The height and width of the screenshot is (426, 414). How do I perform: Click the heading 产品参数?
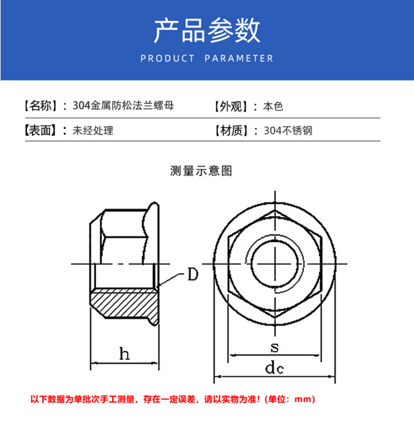(207, 30)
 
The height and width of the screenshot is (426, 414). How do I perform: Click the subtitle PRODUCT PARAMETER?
(207, 58)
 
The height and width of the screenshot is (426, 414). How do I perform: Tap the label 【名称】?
(41, 106)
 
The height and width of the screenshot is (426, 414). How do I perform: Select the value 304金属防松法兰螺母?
(123, 106)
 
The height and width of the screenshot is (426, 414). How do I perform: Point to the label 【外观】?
(231, 106)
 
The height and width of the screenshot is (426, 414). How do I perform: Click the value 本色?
(273, 106)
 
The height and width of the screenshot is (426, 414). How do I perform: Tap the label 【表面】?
(41, 130)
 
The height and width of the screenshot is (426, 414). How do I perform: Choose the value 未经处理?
(93, 130)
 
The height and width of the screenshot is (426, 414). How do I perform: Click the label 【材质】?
(231, 130)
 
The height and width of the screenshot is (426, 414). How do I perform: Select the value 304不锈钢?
(288, 130)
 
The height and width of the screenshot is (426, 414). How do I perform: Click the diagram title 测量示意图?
(201, 171)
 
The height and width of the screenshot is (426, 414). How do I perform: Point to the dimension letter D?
(193, 274)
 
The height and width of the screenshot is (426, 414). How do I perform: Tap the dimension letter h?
(125, 354)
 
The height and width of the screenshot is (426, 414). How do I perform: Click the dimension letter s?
(275, 347)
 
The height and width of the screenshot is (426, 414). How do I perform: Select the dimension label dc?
(274, 368)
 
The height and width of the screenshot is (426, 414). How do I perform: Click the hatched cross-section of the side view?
(124, 303)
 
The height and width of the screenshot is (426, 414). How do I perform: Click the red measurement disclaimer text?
(173, 399)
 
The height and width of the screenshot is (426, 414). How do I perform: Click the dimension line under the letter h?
(124, 363)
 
